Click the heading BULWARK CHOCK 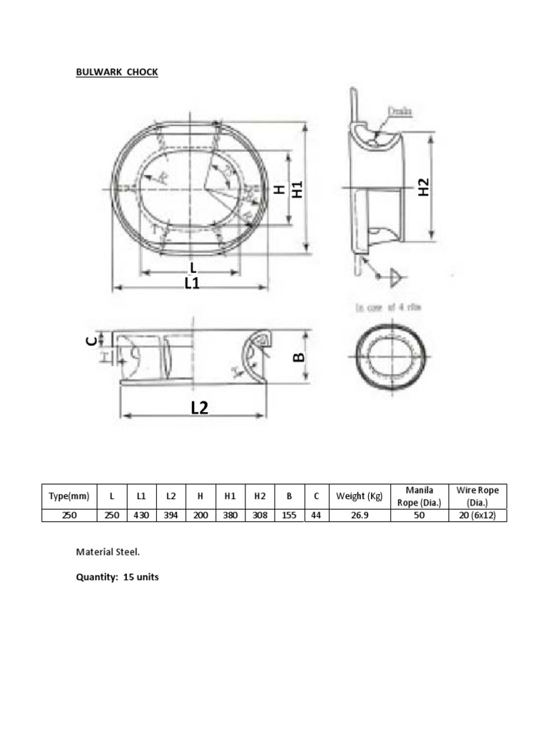click(x=117, y=72)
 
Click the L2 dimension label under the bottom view click(x=199, y=407)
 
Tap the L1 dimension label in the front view click(x=192, y=283)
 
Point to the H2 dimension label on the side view click(x=424, y=188)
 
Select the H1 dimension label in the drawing click(x=298, y=189)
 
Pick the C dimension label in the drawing click(x=91, y=340)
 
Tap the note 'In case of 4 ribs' click(x=388, y=307)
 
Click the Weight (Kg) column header click(x=360, y=496)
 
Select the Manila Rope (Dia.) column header click(x=419, y=496)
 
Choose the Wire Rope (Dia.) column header click(x=478, y=496)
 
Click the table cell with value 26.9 click(x=360, y=515)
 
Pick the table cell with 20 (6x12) click(x=478, y=515)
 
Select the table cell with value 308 click(x=260, y=515)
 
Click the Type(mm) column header click(x=69, y=496)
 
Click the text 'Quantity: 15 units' click(x=118, y=577)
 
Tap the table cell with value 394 click(x=171, y=515)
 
